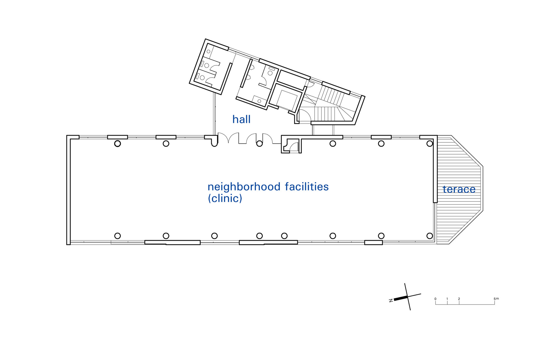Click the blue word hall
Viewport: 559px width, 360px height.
(x=241, y=119)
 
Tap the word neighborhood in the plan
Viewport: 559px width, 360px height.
(x=244, y=187)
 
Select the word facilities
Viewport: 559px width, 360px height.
(x=307, y=186)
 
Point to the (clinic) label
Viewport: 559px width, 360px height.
(x=225, y=198)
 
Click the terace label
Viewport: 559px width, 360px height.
(x=459, y=189)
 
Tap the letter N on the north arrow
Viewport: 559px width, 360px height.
(x=391, y=300)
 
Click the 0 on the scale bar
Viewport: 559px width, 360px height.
(x=435, y=299)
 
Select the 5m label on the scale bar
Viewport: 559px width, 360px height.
(x=496, y=299)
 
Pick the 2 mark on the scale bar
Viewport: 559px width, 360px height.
(x=459, y=299)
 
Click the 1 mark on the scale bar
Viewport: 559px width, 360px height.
(x=447, y=299)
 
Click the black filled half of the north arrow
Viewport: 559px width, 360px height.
(x=401, y=298)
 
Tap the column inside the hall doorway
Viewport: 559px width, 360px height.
(x=259, y=144)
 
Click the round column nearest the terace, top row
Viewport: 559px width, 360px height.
(x=430, y=144)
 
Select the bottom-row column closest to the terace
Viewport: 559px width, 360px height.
(x=430, y=236)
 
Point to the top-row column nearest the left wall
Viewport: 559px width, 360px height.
(x=117, y=144)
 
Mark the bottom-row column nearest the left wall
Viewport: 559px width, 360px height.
(x=117, y=236)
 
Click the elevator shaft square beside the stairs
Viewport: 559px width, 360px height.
(x=286, y=100)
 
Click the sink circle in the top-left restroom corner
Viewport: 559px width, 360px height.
(x=209, y=51)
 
